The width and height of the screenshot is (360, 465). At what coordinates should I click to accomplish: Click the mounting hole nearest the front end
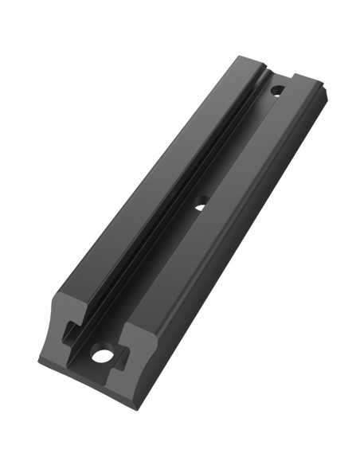101,355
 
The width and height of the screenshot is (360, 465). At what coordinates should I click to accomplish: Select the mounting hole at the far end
276,90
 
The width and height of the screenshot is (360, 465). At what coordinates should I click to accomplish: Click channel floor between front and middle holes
151,279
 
